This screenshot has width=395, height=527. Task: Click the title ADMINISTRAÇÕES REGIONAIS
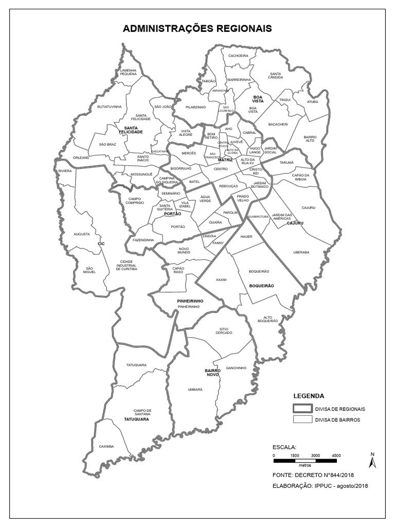click(197, 29)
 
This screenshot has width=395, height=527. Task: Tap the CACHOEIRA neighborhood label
click(238, 56)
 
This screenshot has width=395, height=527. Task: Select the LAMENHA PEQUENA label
click(129, 72)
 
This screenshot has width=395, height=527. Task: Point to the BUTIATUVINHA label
click(109, 107)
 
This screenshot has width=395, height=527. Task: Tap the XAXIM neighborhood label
click(221, 279)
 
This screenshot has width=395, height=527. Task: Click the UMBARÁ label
click(195, 390)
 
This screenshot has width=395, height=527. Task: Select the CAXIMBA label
click(106, 446)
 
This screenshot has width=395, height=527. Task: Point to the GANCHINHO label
click(236, 368)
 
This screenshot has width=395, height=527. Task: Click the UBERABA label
click(301, 252)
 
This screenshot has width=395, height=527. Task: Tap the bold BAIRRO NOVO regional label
click(212, 373)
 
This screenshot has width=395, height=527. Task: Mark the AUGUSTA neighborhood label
click(82, 234)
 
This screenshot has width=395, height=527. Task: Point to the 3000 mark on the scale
click(315, 455)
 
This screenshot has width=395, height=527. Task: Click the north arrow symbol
click(374, 460)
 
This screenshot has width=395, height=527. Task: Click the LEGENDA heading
click(309, 396)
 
